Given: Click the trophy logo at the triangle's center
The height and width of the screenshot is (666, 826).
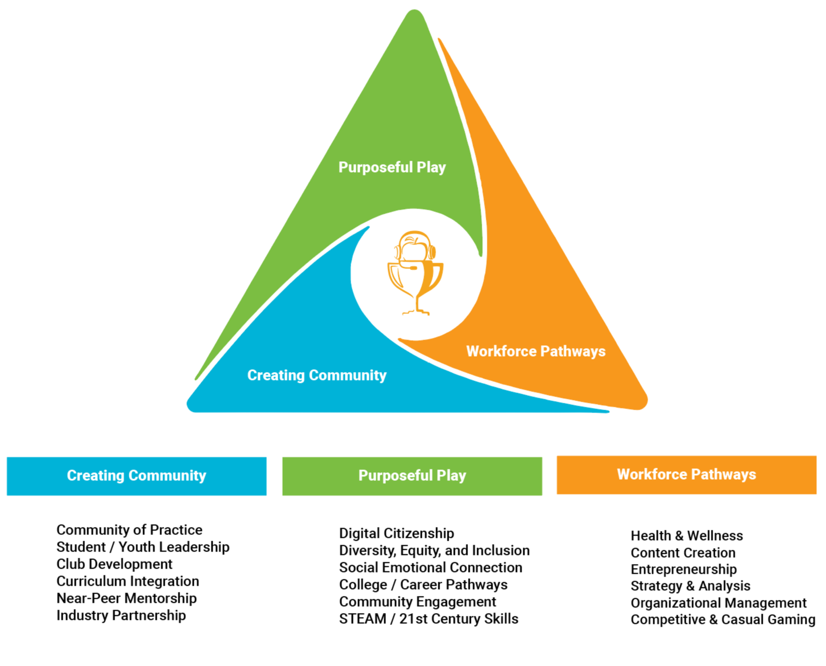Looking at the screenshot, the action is tap(415, 273).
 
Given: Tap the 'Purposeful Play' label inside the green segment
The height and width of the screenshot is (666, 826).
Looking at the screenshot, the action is tap(392, 167).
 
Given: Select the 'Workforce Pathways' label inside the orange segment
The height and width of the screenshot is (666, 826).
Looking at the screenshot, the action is tap(536, 352).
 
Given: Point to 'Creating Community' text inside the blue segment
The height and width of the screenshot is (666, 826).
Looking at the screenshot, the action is tap(316, 375).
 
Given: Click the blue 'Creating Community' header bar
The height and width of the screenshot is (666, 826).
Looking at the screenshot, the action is tap(137, 476).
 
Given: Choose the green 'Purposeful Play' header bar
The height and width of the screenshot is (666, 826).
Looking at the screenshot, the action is tap(412, 476).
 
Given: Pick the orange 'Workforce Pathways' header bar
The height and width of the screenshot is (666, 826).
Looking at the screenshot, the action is tap(686, 475).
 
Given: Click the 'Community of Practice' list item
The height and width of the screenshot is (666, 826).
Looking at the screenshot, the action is tap(129, 530).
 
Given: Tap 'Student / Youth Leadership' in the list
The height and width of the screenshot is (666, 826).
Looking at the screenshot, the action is tap(143, 547).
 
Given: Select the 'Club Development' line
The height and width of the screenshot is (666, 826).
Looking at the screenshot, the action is tap(115, 565).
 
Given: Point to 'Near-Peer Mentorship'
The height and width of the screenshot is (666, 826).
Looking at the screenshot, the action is tap(127, 598).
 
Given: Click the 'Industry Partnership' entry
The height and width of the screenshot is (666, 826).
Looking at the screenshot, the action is tap(121, 615).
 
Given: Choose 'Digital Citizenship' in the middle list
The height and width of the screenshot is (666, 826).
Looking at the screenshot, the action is tap(397, 533).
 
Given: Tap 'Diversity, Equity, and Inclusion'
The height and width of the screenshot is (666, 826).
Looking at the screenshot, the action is tap(434, 550).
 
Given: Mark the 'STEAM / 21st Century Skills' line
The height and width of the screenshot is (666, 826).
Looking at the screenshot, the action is tap(429, 619).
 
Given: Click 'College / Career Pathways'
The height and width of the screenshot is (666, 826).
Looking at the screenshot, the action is tap(424, 585).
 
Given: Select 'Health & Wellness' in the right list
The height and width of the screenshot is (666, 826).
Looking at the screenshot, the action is tap(687, 536).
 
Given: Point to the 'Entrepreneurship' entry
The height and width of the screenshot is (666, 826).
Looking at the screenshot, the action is tap(683, 569).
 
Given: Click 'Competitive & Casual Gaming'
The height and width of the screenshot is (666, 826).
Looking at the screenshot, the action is tap(723, 620).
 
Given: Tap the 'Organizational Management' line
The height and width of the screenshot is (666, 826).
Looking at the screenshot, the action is tap(718, 603).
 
